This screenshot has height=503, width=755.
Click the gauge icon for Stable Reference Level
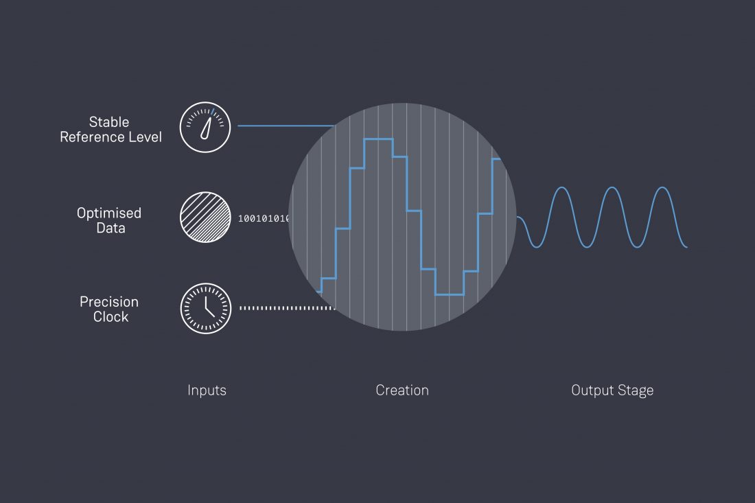[x=205, y=127]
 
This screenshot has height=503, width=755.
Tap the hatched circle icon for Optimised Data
[x=205, y=217]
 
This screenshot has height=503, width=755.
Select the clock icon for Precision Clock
[x=206, y=309]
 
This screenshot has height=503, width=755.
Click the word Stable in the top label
[x=109, y=121]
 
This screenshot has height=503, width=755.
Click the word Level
[x=143, y=137]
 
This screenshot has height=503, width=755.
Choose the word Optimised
[x=109, y=213]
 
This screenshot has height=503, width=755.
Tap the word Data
[x=111, y=228]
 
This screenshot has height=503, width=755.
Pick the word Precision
[x=109, y=302]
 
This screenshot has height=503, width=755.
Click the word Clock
[x=111, y=317]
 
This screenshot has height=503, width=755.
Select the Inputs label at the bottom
[x=207, y=390]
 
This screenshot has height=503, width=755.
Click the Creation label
[x=402, y=390]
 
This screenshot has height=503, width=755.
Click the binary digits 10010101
[x=264, y=218]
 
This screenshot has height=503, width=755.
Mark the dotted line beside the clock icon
[x=287, y=308]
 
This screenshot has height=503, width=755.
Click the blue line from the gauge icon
[x=286, y=126]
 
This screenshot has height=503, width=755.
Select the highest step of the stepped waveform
[x=378, y=139]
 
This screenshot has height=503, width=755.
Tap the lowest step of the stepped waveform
[x=450, y=294]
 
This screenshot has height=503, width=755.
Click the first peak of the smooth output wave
[x=562, y=187]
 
